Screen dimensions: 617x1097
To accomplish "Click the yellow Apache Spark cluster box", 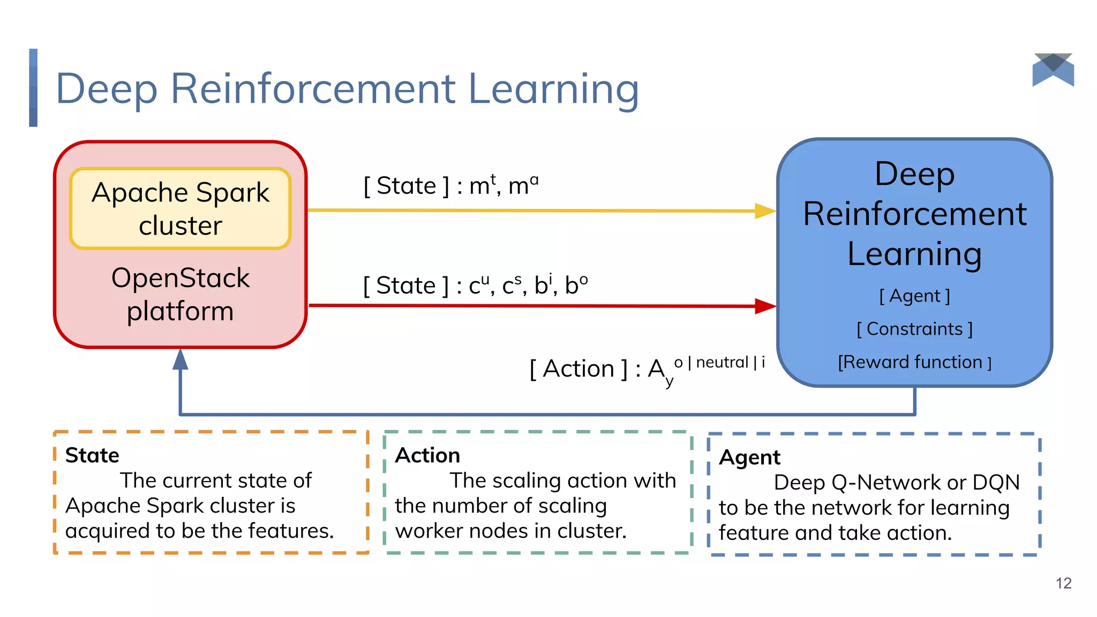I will pyautogui.click(x=180, y=208).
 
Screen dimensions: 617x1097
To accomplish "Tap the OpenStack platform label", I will pyautogui.click(x=180, y=294).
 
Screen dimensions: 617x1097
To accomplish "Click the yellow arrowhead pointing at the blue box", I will pyautogui.click(x=764, y=210).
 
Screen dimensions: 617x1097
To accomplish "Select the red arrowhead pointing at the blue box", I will pyautogui.click(x=764, y=306).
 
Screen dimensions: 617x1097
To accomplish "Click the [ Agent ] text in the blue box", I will pyautogui.click(x=914, y=296).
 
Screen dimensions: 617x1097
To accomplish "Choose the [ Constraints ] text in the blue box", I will pyautogui.click(x=914, y=329).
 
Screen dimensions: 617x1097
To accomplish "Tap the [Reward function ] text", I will pyautogui.click(x=914, y=362).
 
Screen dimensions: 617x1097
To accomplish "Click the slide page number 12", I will pyautogui.click(x=1063, y=583).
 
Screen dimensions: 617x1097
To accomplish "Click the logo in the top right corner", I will pyautogui.click(x=1053, y=70).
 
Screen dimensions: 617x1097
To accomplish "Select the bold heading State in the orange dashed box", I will pyautogui.click(x=92, y=455).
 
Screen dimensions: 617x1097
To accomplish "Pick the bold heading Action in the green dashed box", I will pyautogui.click(x=427, y=455).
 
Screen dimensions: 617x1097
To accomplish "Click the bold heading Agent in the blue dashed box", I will pyautogui.click(x=749, y=457).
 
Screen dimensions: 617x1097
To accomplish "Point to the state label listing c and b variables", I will pyautogui.click(x=475, y=285).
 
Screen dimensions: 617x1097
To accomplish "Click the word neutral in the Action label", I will pyautogui.click(x=722, y=363).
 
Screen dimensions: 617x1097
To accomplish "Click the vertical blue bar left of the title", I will pyautogui.click(x=33, y=88).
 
